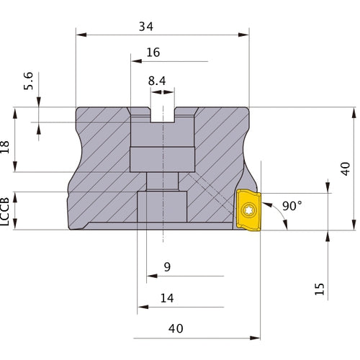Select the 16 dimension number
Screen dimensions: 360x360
pyautogui.click(x=153, y=53)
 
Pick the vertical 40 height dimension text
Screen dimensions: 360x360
pyautogui.click(x=346, y=168)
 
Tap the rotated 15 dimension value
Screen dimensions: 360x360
pyautogui.click(x=320, y=288)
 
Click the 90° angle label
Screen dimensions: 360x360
pyautogui.click(x=292, y=206)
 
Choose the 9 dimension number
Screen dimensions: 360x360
pyautogui.click(x=167, y=267)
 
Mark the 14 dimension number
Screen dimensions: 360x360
pyautogui.click(x=167, y=297)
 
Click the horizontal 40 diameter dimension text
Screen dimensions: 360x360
pyautogui.click(x=176, y=328)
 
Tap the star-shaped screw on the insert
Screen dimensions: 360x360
pyautogui.click(x=248, y=210)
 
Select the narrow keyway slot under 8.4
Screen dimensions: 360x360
pyautogui.click(x=163, y=116)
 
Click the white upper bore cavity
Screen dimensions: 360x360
pyautogui.click(x=163, y=148)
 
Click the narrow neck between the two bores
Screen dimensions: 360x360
pyautogui.click(x=163, y=182)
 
